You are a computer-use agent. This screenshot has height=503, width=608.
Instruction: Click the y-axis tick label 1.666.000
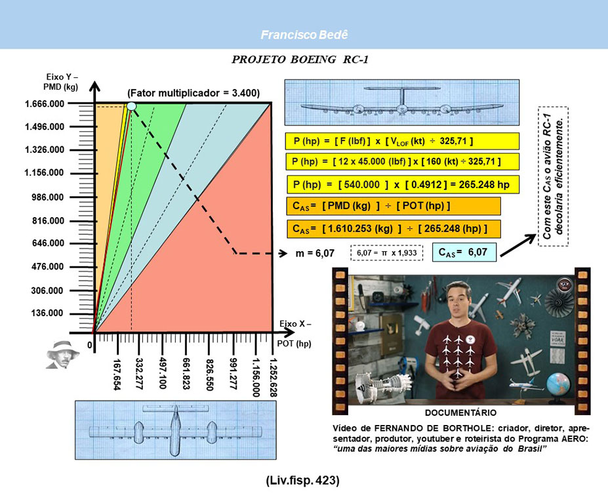(44, 104)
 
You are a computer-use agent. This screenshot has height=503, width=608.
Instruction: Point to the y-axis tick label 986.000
(47, 197)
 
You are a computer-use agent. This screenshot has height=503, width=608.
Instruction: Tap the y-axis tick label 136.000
(47, 313)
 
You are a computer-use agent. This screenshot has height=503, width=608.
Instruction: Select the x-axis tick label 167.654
(116, 374)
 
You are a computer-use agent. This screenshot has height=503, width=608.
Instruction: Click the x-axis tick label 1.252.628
(273, 377)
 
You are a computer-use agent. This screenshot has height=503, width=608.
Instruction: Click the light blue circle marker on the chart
(131, 106)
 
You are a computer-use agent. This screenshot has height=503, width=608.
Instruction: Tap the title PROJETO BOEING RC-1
(300, 60)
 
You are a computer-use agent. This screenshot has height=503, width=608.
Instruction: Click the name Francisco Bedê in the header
(304, 35)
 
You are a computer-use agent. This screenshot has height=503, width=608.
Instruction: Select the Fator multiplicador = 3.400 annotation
(193, 93)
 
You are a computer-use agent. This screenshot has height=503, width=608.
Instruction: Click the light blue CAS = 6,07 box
(464, 252)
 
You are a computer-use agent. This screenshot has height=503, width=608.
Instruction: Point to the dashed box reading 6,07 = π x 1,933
(386, 253)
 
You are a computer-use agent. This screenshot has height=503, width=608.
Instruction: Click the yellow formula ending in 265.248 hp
(403, 184)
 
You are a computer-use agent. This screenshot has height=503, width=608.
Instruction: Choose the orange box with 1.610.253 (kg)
(394, 229)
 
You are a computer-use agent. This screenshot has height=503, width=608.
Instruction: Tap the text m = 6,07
(315, 253)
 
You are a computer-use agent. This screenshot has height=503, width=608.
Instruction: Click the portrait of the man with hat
(62, 355)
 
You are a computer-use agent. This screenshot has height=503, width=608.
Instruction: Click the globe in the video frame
(558, 383)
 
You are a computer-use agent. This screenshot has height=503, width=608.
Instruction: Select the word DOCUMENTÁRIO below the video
(460, 412)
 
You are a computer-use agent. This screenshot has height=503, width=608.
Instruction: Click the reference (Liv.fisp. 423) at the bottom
(302, 481)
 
